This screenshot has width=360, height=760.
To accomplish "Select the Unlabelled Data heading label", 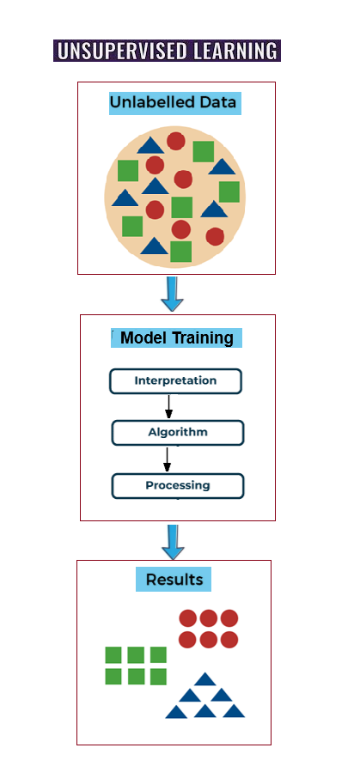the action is coord(174,103).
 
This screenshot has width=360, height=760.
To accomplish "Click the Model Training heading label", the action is coord(177,337).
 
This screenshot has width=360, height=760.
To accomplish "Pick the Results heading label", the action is coord(174,579).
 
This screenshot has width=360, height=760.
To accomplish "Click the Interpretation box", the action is coord(175,381).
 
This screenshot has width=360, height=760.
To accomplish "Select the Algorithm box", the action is coord(178,432).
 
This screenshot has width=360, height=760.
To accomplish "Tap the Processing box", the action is coord(178,486).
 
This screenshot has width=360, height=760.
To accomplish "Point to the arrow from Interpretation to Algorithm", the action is coord(169,406).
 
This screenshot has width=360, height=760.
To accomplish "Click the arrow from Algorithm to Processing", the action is coord(167,459).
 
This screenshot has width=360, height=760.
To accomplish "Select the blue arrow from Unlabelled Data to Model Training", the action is coord(172,294).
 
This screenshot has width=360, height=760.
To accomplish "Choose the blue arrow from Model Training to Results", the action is coord(173,542).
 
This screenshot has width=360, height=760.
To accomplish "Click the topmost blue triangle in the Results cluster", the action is coord(204,679).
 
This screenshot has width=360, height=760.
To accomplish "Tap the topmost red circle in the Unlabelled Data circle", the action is coord(175,141).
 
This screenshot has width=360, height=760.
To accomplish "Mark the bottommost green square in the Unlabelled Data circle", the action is coord(180,252).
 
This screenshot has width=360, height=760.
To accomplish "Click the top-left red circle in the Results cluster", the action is coord(188,618).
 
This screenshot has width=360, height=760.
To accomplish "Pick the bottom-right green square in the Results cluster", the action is coord(158,677).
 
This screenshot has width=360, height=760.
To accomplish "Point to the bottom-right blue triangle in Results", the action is coord(234,711).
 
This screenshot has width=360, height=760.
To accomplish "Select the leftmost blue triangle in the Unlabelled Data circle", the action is coord(125,198).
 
